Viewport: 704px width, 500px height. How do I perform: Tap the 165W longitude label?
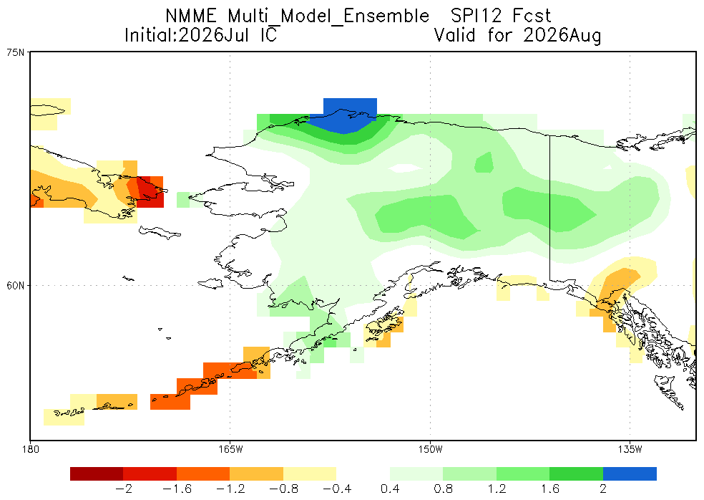pos(230,449)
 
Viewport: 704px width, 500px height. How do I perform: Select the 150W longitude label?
pos(430,449)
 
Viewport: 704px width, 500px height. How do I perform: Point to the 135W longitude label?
pos(630,449)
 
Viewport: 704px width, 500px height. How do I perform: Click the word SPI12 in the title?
pos(476,16)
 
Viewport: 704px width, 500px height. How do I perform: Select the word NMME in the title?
pos(191,16)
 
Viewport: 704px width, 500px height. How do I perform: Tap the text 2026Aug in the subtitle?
pos(562,35)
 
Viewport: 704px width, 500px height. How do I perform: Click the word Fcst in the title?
pos(532,16)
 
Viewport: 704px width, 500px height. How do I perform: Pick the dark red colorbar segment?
pos(97,474)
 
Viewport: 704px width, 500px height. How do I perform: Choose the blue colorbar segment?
pos(630,474)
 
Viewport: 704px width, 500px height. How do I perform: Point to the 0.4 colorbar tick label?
pos(390,489)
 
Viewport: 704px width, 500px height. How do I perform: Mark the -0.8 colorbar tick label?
pos(283,489)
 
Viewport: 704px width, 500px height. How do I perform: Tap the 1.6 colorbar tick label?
pos(550,489)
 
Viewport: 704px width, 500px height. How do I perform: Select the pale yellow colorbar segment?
pos(310,474)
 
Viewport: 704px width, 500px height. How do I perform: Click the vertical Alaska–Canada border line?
pos(550,207)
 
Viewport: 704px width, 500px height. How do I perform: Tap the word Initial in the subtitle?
pos(149,35)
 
